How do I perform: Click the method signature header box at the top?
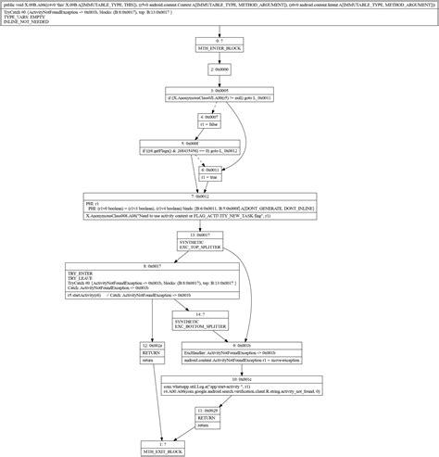tap(219, 16)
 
